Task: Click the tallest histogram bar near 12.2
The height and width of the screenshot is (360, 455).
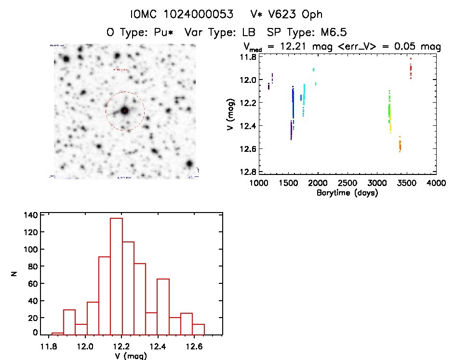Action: coord(116,276)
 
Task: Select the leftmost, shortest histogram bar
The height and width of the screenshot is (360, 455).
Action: coord(57,333)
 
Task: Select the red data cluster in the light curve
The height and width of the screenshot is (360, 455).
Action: coord(411,71)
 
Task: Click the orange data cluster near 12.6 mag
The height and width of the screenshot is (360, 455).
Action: coord(400,145)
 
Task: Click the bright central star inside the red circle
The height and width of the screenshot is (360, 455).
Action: coord(125,111)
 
